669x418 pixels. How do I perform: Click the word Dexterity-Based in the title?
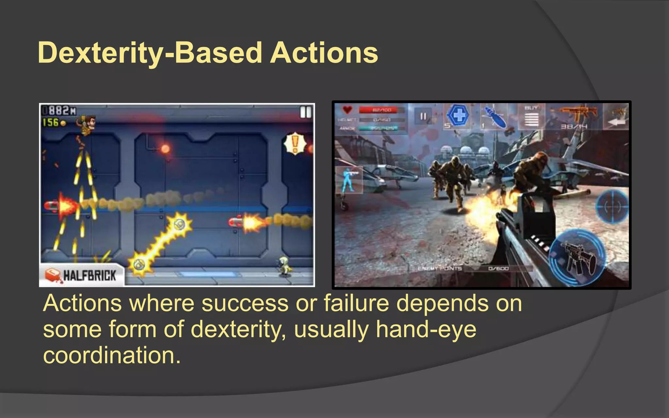150,53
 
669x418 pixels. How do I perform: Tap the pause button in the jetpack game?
305,113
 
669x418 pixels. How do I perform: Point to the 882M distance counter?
60,111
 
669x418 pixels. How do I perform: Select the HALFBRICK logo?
81,275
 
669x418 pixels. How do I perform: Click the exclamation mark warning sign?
295,143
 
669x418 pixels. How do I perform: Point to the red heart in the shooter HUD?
347,110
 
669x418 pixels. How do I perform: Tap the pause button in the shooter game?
423,116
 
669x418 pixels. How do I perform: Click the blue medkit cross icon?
459,115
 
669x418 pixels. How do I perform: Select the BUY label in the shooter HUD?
531,108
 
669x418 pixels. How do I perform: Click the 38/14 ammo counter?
574,126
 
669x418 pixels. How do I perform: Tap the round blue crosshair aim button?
612,206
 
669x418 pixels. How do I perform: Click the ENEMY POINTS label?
440,268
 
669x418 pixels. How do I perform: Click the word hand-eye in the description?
426,329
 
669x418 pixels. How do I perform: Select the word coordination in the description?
112,355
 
